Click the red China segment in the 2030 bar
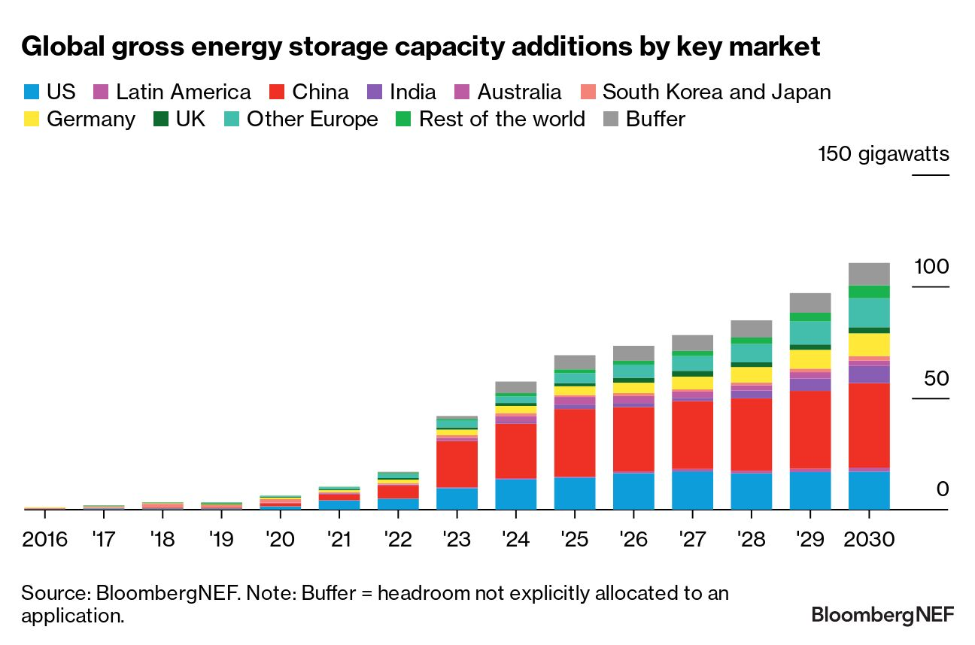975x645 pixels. pyautogui.click(x=869, y=425)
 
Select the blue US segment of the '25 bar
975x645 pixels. pyautogui.click(x=575, y=492)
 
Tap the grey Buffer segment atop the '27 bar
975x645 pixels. pyautogui.click(x=692, y=343)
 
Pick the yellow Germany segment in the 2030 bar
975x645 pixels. pyautogui.click(x=869, y=344)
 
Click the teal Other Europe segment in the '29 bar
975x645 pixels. pyautogui.click(x=810, y=332)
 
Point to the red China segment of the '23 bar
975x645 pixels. pyautogui.click(x=457, y=464)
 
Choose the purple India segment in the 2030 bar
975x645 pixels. pyautogui.click(x=869, y=374)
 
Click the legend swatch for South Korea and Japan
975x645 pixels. pyautogui.click(x=588, y=92)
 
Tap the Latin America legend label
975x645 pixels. pyautogui.click(x=183, y=92)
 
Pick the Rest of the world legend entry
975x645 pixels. pyautogui.click(x=502, y=120)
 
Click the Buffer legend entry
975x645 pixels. pyautogui.click(x=655, y=120)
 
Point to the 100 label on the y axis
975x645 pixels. pyautogui.click(x=932, y=267)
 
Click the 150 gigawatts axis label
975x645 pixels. pyautogui.click(x=884, y=155)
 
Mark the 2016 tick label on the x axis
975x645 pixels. pyautogui.click(x=44, y=540)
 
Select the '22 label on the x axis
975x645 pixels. pyautogui.click(x=398, y=540)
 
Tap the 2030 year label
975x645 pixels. pyautogui.click(x=869, y=540)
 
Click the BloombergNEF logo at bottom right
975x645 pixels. pyautogui.click(x=882, y=615)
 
